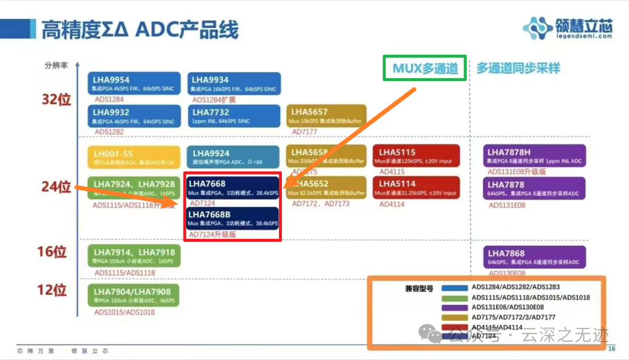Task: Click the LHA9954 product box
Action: (x=134, y=84)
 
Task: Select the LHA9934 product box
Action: (x=234, y=84)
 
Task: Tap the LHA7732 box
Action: (x=234, y=116)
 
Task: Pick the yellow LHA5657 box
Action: (x=326, y=116)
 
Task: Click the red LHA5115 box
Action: (x=416, y=156)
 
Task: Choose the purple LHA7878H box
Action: (x=534, y=156)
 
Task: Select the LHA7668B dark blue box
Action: (x=233, y=218)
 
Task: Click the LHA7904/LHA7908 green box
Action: (x=133, y=296)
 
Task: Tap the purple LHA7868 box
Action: (x=534, y=257)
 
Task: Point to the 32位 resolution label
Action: (x=56, y=99)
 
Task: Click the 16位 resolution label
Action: (x=52, y=252)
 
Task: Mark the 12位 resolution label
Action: (x=52, y=290)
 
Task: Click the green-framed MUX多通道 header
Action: (x=425, y=68)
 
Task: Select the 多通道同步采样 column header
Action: (x=518, y=68)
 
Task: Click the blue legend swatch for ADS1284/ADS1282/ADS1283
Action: (x=455, y=288)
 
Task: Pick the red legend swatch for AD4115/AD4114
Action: (x=455, y=327)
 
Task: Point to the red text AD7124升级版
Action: (x=214, y=235)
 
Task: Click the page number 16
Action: (x=612, y=348)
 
